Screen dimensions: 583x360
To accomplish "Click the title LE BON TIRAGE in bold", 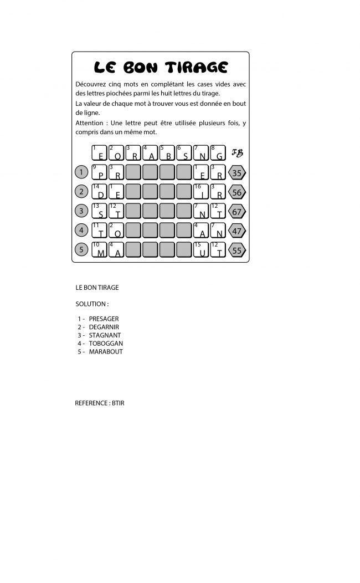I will (x=161, y=67).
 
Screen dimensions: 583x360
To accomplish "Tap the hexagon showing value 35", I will (x=237, y=173).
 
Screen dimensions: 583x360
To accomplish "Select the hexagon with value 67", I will (x=237, y=212).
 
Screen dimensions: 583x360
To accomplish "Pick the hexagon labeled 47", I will (x=237, y=231).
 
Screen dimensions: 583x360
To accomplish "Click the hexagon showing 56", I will (x=237, y=192).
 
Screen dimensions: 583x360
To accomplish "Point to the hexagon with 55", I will (x=237, y=250).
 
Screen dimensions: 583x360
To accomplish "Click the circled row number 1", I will (x=81, y=172).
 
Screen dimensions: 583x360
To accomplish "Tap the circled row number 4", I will (x=81, y=230).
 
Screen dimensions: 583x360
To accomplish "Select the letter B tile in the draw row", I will (x=168, y=153).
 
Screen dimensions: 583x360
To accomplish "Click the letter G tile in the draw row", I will (x=219, y=153).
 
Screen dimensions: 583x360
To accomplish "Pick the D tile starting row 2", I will (x=100, y=192).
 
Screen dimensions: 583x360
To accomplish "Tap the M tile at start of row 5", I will (x=100, y=250).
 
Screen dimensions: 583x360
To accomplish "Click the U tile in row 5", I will (x=202, y=250).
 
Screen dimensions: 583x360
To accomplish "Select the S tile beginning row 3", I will (x=100, y=212).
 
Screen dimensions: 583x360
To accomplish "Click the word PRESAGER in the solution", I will (x=104, y=319).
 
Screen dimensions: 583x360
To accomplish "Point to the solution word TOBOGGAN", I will (x=105, y=344).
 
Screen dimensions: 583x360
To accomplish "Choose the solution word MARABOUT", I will (x=105, y=352).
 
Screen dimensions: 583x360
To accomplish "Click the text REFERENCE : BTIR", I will (x=100, y=403).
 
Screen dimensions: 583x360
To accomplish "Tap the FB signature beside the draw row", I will (x=237, y=153).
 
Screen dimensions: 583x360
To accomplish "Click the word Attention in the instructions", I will (x=90, y=122).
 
